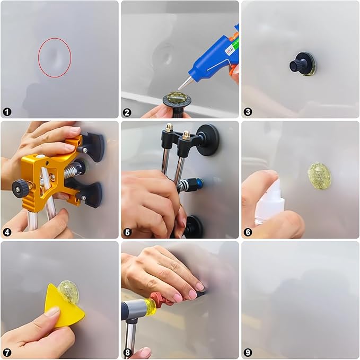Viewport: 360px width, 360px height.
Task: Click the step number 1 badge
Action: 7,111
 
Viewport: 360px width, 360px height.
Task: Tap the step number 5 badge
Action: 128,232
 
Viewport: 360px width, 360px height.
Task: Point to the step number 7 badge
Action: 7,352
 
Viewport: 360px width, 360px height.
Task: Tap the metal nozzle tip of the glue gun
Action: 181,84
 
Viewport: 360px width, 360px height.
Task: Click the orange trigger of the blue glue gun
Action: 232,68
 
